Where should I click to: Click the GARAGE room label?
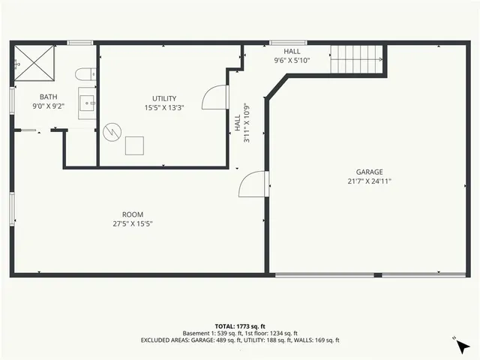370,172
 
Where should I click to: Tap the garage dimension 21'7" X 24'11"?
370,181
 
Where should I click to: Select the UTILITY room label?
164,98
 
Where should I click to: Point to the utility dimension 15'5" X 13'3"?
164,107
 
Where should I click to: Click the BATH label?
48,97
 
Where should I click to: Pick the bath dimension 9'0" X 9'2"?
48,106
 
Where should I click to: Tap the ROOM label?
133,214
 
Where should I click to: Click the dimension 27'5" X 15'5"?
133,223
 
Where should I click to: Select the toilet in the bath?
85,73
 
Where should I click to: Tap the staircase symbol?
358,58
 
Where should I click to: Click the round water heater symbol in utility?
112,132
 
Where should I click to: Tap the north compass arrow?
461,346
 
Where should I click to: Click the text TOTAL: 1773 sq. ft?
240,326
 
